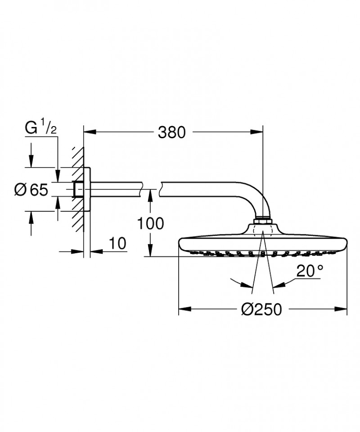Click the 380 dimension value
pos(171,132)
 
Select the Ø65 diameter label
pos(31,190)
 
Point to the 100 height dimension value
pos(151,223)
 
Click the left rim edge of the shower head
pos(180,243)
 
